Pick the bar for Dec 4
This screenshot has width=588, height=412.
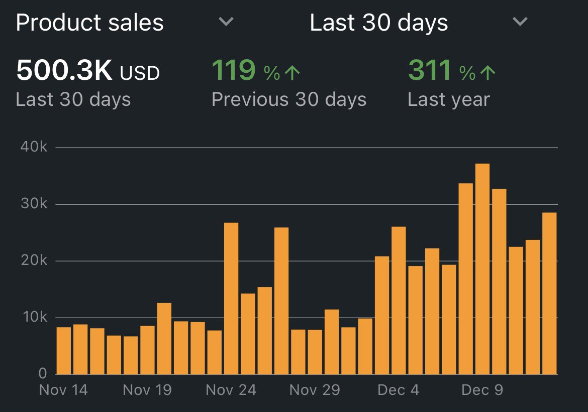tap(399, 301)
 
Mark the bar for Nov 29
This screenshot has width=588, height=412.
tap(315, 352)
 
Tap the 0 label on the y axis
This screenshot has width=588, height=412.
tap(43, 374)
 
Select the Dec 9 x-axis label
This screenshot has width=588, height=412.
tap(482, 390)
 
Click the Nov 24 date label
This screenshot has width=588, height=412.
tap(231, 390)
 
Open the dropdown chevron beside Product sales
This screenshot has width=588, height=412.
tap(226, 22)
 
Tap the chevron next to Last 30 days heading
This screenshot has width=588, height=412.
tap(520, 22)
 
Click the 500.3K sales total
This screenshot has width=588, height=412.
tap(64, 71)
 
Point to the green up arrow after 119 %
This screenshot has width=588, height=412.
tap(292, 73)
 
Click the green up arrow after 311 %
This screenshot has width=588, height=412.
tap(487, 73)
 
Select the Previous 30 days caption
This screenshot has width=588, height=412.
tap(289, 99)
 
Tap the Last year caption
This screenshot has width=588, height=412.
tap(448, 99)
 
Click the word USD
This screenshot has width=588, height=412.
tap(140, 73)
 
